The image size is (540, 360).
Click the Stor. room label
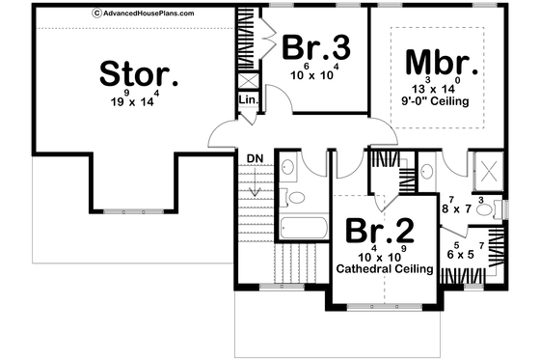(139, 73)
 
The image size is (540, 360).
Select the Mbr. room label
(441, 64)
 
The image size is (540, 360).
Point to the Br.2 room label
(378, 232)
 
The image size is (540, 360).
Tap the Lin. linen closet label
(246, 98)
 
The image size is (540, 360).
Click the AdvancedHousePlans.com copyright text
(143, 14)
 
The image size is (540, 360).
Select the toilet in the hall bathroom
(296, 198)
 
